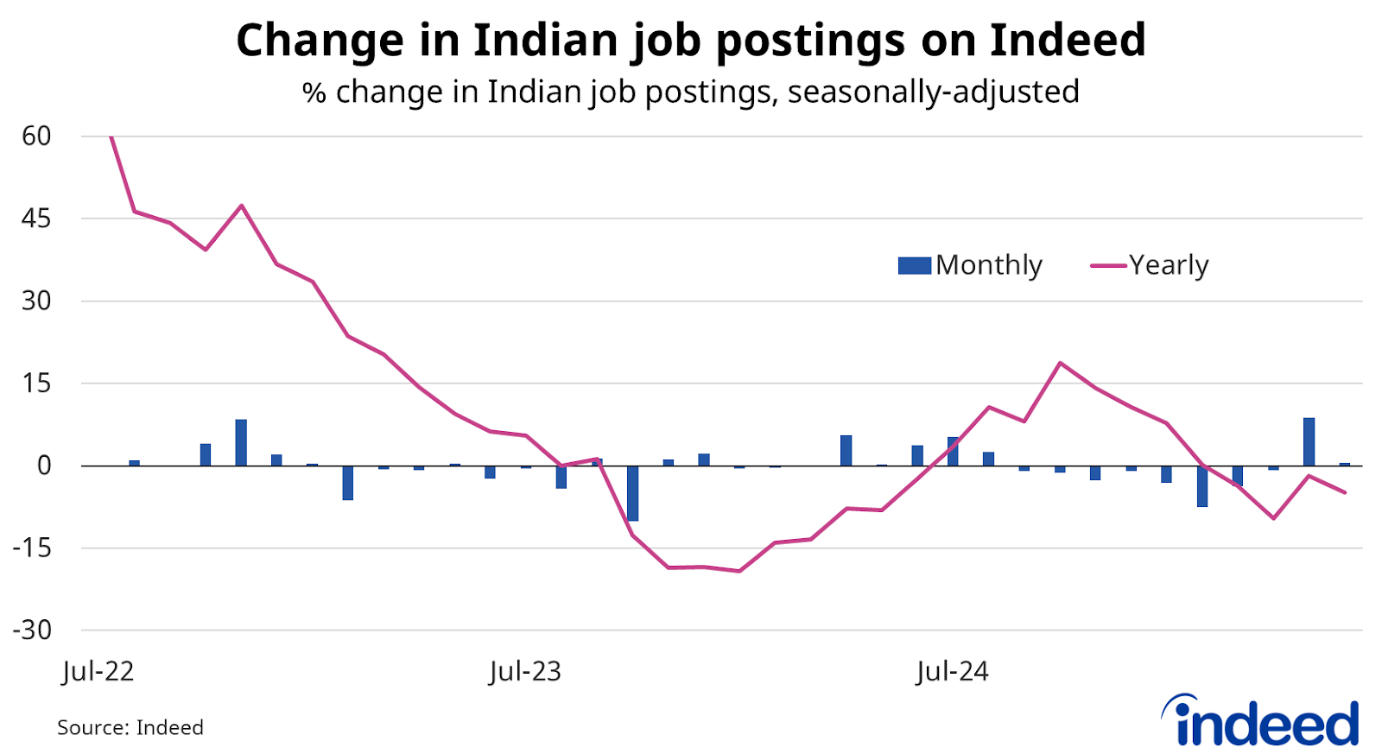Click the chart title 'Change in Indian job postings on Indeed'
click(x=691, y=40)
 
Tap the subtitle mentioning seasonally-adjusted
click(x=691, y=92)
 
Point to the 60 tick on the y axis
click(x=37, y=136)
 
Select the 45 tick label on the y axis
click(x=37, y=219)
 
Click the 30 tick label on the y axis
click(x=37, y=301)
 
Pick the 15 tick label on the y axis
click(x=37, y=383)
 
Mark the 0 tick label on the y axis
click(x=44, y=466)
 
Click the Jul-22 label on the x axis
click(x=98, y=671)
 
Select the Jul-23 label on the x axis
click(x=524, y=671)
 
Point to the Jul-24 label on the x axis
click(x=952, y=671)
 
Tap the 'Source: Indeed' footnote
click(x=130, y=727)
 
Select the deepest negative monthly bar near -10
click(x=633, y=493)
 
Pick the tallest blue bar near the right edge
click(x=1309, y=441)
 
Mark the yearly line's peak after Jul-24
click(x=1060, y=363)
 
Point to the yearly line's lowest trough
click(x=739, y=571)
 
